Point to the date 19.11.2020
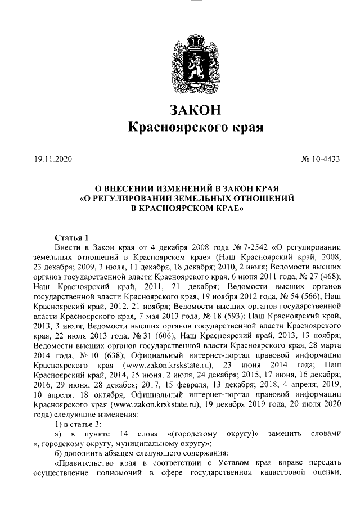point(49,160)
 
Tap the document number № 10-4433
point(321,160)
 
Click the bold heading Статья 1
point(70,237)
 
